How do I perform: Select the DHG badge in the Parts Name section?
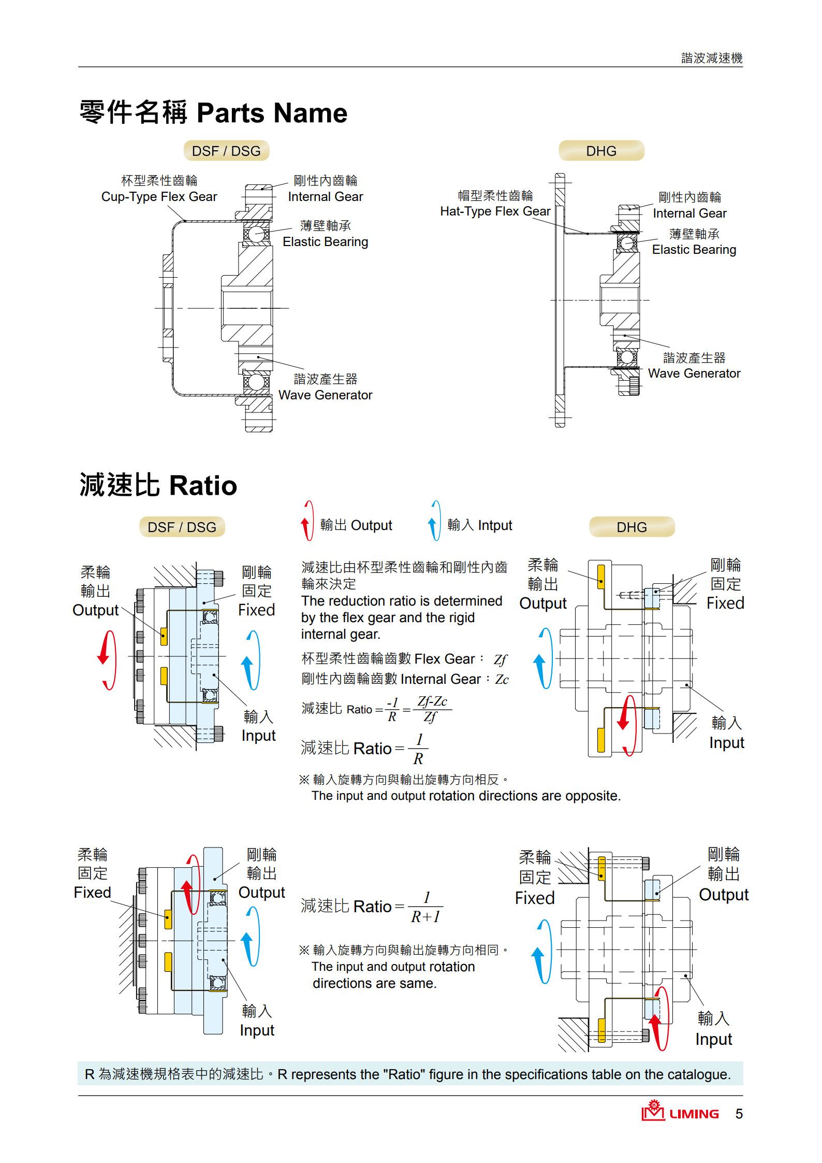601,151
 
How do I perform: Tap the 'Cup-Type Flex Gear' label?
159,197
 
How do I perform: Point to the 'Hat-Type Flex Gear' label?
495,211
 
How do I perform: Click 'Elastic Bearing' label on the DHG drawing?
694,250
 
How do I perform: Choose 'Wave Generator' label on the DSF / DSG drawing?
325,395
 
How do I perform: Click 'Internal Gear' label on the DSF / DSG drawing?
325,197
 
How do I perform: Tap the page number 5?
739,1114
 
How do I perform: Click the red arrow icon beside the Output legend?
307,521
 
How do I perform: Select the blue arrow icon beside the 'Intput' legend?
434,521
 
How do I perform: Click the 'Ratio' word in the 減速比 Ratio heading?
203,486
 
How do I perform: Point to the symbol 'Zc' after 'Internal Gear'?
502,679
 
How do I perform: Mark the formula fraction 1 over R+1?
425,907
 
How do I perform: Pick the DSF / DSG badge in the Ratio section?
182,527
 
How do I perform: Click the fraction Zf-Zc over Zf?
432,709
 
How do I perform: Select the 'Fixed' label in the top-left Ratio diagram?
256,610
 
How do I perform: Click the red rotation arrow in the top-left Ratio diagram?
107,660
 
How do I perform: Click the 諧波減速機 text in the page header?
711,58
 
